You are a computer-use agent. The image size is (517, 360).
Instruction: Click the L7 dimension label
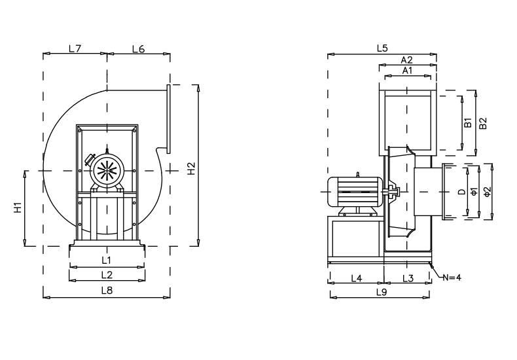click(x=75, y=48)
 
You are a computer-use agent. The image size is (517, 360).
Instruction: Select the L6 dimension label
click(x=138, y=48)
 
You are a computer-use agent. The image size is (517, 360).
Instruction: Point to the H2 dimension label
click(x=191, y=168)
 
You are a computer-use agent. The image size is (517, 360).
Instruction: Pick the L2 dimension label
click(x=106, y=274)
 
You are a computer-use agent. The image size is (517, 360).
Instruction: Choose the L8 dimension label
click(x=106, y=290)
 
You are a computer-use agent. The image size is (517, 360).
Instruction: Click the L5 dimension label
click(x=383, y=48)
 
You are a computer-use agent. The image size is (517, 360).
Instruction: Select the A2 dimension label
click(x=407, y=60)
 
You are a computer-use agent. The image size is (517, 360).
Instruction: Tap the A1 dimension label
click(x=407, y=70)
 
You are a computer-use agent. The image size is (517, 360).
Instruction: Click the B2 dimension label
click(x=483, y=123)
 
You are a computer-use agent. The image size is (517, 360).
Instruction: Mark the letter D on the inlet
click(x=461, y=192)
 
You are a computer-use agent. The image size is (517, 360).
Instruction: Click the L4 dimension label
click(x=357, y=278)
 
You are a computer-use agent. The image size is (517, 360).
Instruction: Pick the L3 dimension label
click(x=408, y=278)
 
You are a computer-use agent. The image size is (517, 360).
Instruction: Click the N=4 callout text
click(x=452, y=278)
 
